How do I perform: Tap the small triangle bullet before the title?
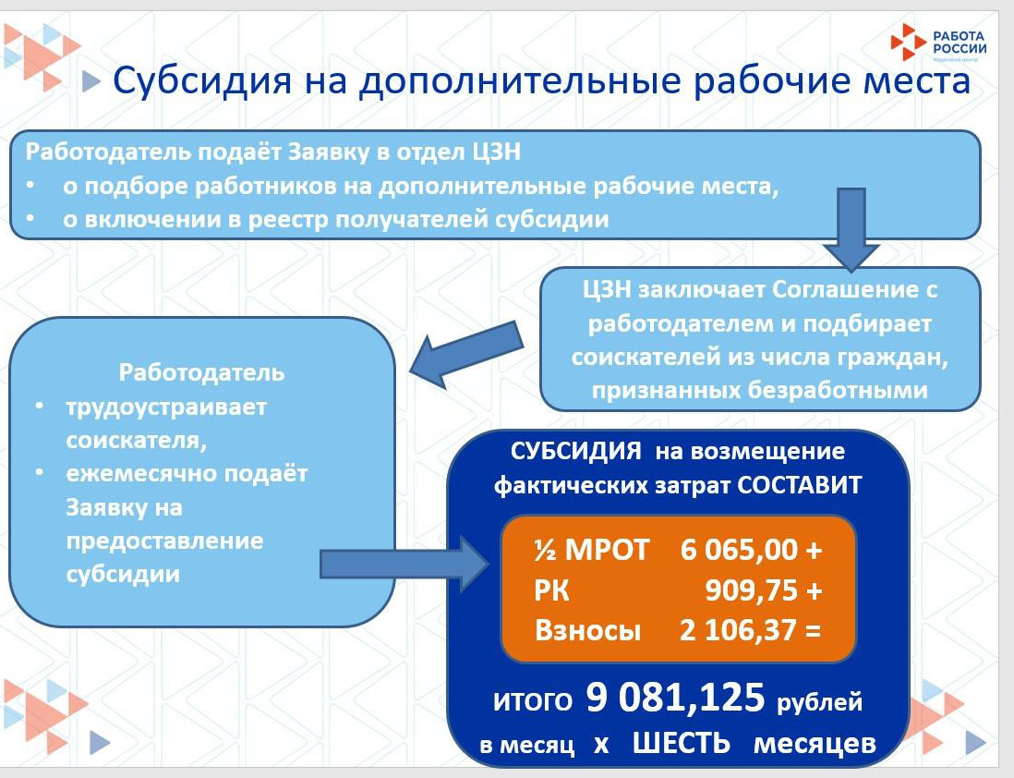[x=90, y=82]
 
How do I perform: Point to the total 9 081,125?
[x=676, y=699]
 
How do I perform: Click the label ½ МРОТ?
[x=591, y=550]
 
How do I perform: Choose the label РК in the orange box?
[x=551, y=590]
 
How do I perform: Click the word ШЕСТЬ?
[x=682, y=744]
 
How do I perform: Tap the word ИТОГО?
[x=532, y=702]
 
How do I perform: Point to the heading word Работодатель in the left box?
[x=202, y=373]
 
